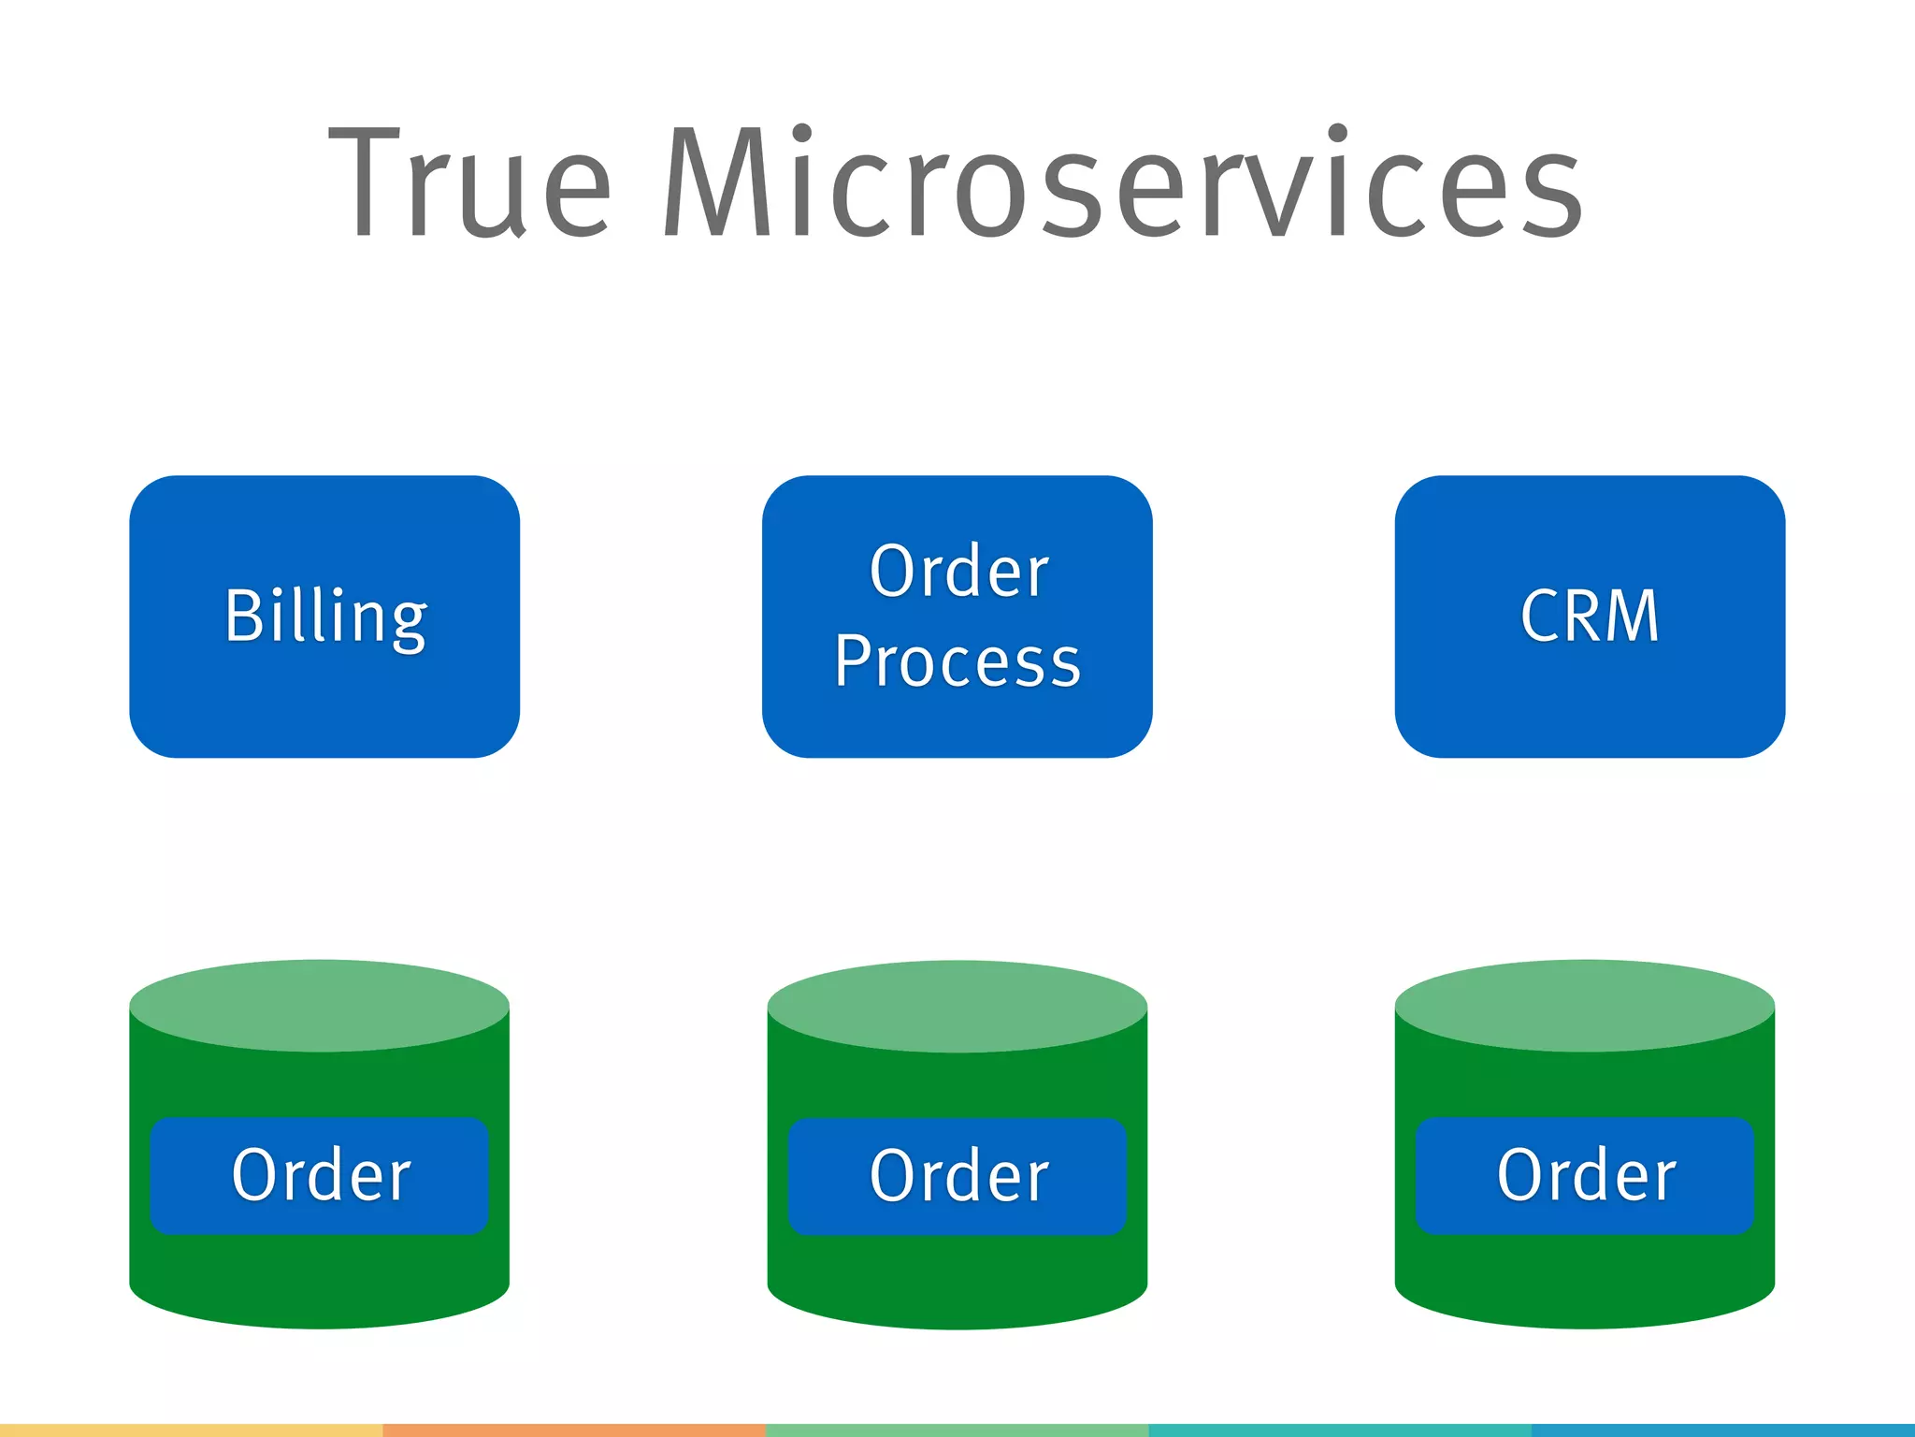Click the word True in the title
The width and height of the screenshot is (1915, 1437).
pyautogui.click(x=470, y=182)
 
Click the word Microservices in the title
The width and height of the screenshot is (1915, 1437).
pyautogui.click(x=1122, y=182)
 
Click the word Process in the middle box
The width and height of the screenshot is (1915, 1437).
pyautogui.click(x=957, y=660)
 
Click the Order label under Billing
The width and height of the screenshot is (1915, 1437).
pyautogui.click(x=320, y=1175)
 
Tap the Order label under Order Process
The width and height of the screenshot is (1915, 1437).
pyautogui.click(x=957, y=1176)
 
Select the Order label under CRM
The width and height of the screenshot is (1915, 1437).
pyautogui.click(x=1585, y=1175)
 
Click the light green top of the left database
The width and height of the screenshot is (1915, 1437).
pyautogui.click(x=320, y=1005)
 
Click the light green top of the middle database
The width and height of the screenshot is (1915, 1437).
pyautogui.click(x=957, y=1006)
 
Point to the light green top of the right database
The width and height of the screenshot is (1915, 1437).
pyautogui.click(x=1585, y=1005)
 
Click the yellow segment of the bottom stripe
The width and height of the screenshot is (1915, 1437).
pyautogui.click(x=192, y=1430)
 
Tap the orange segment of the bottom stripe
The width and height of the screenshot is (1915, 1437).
pyautogui.click(x=574, y=1430)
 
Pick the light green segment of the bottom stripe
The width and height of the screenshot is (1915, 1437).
pyautogui.click(x=957, y=1430)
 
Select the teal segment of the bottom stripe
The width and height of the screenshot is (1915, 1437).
pyautogui.click(x=1339, y=1430)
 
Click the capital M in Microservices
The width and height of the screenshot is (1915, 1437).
pyautogui.click(x=718, y=182)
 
